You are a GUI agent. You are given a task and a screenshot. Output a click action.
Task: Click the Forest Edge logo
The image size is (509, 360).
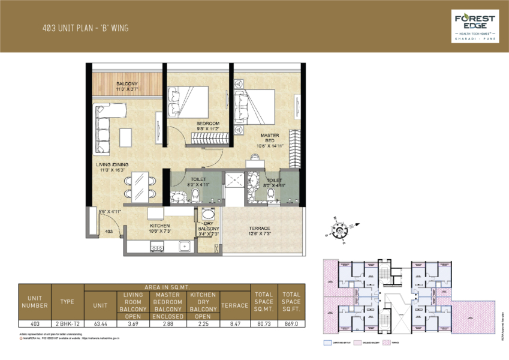[473, 26]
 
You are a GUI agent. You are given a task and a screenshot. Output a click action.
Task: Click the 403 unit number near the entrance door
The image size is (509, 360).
[109, 230]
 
